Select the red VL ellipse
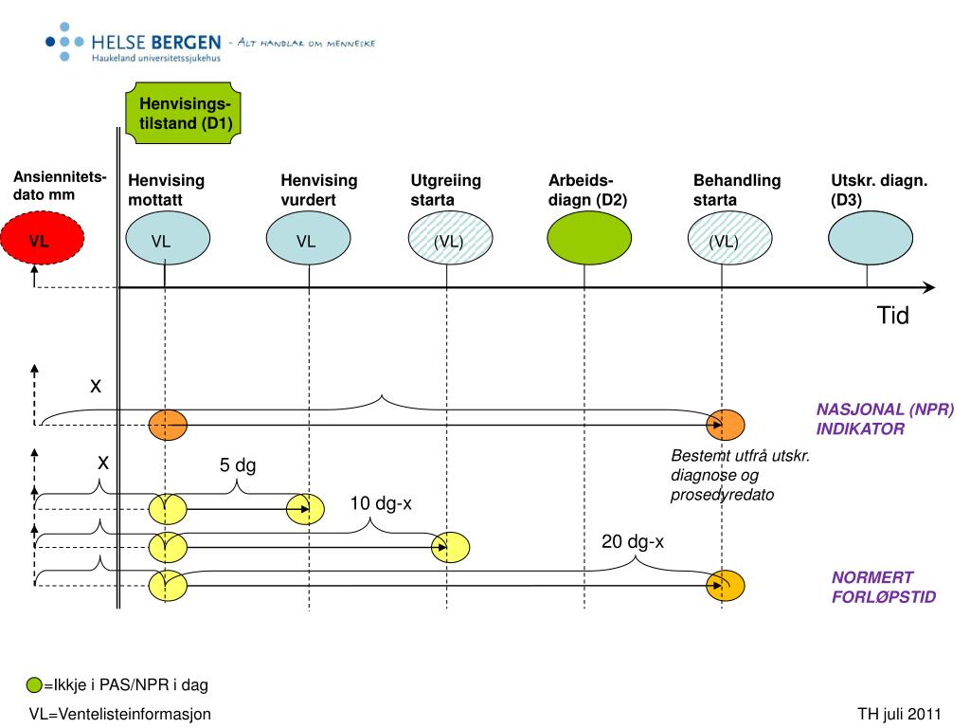pos(39,241)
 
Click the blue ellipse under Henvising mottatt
pos(166,241)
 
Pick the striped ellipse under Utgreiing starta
pos(448,241)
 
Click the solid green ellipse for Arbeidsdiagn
pos(584,241)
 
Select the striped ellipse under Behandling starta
pos(725,241)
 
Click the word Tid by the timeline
pos(892,316)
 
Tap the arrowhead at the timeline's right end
pos(929,288)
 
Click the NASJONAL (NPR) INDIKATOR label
pos(885,419)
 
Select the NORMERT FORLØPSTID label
pos(883,587)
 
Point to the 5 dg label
pos(238,465)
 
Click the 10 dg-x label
pos(381,503)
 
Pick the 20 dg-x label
pos(633,541)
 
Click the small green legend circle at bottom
pos(34,684)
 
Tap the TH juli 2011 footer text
pos(900,714)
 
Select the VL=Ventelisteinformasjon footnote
pos(119,714)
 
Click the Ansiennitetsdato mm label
pos(59,187)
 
